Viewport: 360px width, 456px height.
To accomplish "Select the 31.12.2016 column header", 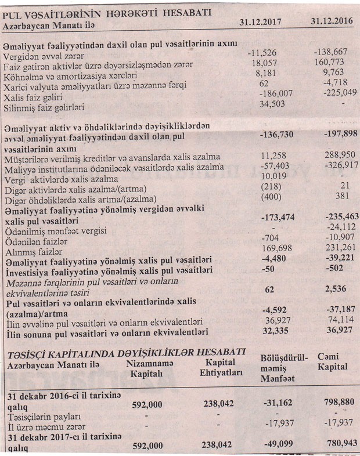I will [x=332, y=21].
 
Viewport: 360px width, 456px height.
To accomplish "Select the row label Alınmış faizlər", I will [x=33, y=252].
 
